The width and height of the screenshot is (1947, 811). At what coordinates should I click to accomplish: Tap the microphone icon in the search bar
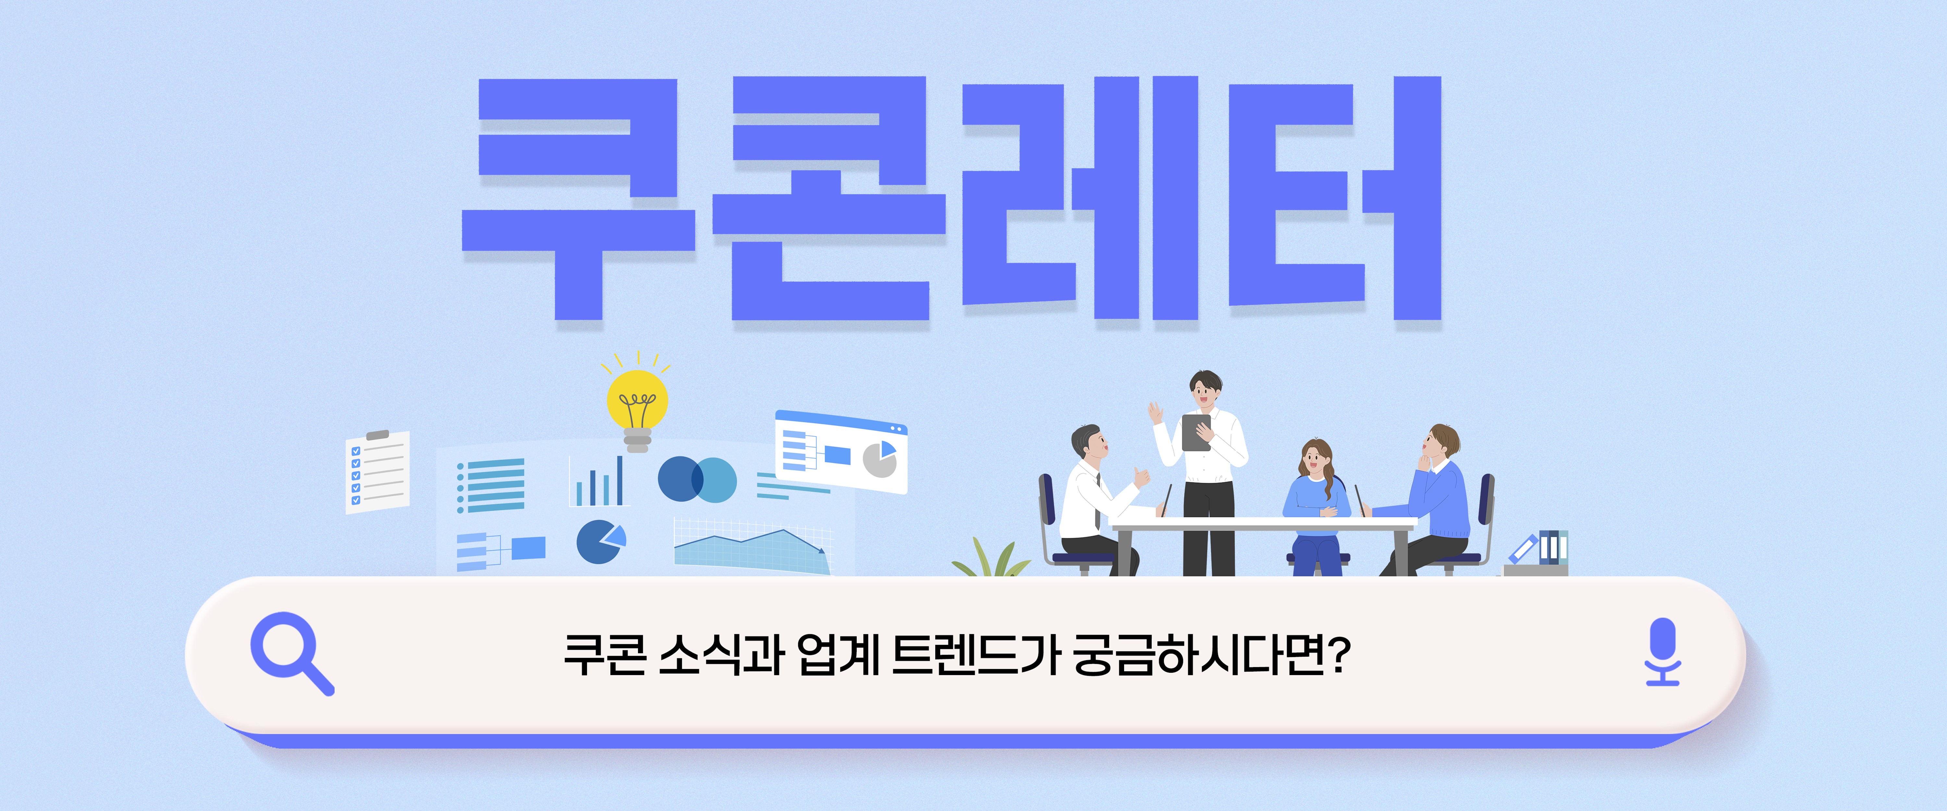(x=1662, y=651)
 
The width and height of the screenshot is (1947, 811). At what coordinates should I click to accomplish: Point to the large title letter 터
(x=1335, y=198)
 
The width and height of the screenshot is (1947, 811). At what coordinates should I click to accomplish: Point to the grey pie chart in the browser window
(x=880, y=460)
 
